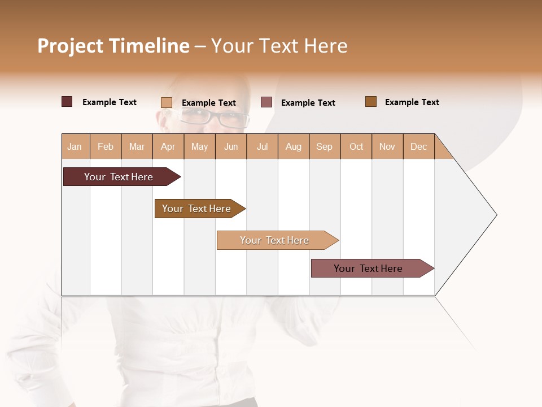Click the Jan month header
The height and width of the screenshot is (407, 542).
[75, 146]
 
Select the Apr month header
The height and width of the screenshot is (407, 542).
[168, 146]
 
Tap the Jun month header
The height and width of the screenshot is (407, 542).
[231, 146]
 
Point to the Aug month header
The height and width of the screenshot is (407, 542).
[294, 146]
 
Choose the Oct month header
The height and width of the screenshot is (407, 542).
[356, 146]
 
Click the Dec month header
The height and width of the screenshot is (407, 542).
[419, 146]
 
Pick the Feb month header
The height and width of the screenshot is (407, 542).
[106, 146]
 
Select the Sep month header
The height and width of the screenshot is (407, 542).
[325, 146]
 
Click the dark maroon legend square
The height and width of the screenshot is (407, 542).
[67, 102]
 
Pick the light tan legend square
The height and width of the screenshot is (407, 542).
[167, 102]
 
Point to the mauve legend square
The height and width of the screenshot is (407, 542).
[266, 102]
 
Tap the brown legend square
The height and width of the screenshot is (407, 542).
[371, 102]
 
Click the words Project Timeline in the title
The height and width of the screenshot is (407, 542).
[113, 46]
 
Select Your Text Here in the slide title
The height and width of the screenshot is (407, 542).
[279, 46]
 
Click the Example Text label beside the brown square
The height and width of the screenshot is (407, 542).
[412, 102]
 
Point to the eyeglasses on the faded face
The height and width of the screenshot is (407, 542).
[215, 118]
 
